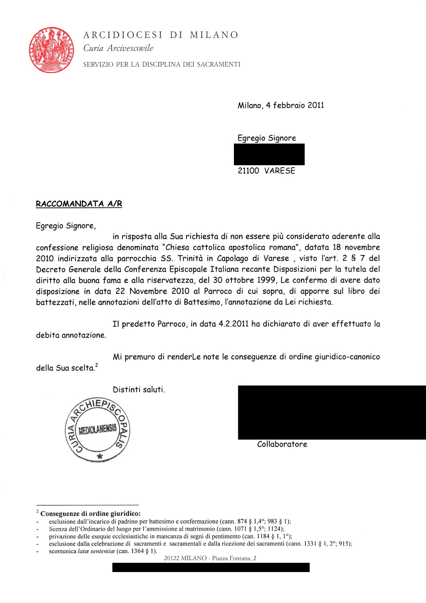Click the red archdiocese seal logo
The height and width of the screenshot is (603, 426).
point(51,50)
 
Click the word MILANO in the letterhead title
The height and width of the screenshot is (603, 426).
point(214,35)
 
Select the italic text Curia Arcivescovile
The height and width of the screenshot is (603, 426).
point(118,48)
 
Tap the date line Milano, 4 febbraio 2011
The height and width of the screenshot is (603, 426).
point(281,105)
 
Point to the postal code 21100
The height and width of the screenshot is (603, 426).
point(248,171)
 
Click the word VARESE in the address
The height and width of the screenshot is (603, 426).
point(280,171)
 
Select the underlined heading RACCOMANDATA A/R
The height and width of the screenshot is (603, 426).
point(79,204)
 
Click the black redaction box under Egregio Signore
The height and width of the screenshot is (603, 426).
point(269,154)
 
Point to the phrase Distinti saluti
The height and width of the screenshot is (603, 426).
point(139,390)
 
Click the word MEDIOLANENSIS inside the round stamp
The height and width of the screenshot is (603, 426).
point(98,429)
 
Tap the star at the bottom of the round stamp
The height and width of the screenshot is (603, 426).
point(100,456)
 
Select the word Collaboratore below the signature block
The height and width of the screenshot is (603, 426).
point(282,444)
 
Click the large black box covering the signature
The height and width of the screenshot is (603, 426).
point(332,412)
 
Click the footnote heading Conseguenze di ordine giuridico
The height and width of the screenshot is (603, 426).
point(90,513)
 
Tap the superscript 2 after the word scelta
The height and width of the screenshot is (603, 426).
point(97,365)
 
